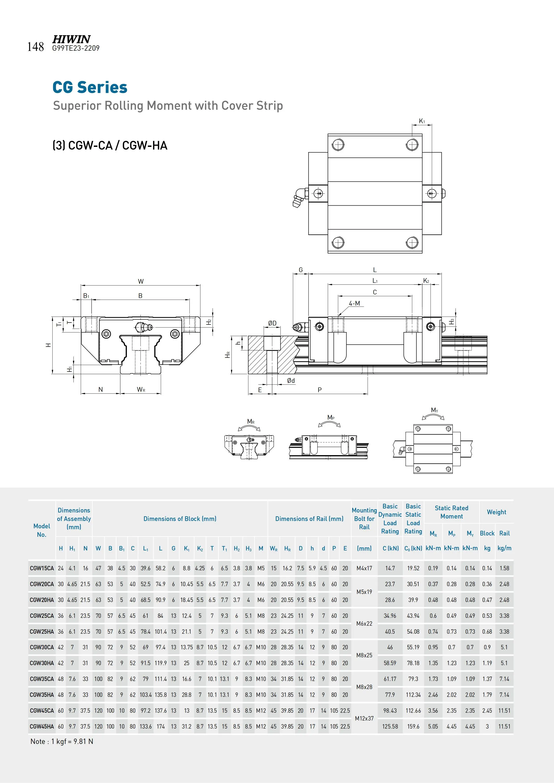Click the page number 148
(36, 47)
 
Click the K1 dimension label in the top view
(422, 121)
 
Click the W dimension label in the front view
(141, 281)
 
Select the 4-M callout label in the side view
(354, 303)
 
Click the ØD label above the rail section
(272, 323)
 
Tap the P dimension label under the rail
(319, 390)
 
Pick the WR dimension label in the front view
(141, 389)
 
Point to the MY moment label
(434, 410)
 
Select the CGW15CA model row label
(42, 568)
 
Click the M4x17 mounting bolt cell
(364, 568)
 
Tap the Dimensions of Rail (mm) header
(309, 519)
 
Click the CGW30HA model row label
(42, 663)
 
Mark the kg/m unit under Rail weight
(504, 548)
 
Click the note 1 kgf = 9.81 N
(62, 741)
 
